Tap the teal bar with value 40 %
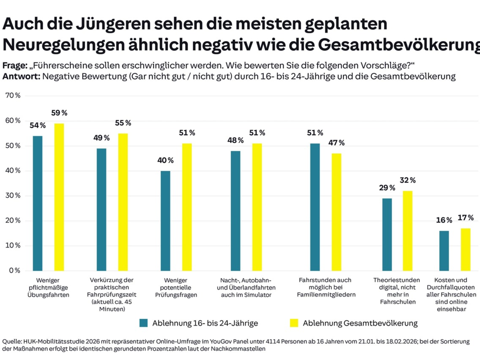(x=165, y=221)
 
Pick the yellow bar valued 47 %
(x=336, y=212)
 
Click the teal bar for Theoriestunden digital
(x=387, y=234)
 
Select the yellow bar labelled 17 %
(x=466, y=249)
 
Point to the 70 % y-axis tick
(x=12, y=96)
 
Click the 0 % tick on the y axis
(x=14, y=270)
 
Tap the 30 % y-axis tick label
(x=12, y=196)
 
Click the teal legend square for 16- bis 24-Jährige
(x=144, y=323)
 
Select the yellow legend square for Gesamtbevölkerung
(x=294, y=323)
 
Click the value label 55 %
(x=123, y=123)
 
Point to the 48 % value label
(x=235, y=140)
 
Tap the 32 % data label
(x=407, y=180)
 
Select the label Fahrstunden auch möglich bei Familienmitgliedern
(x=324, y=287)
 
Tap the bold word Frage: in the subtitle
(x=15, y=65)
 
